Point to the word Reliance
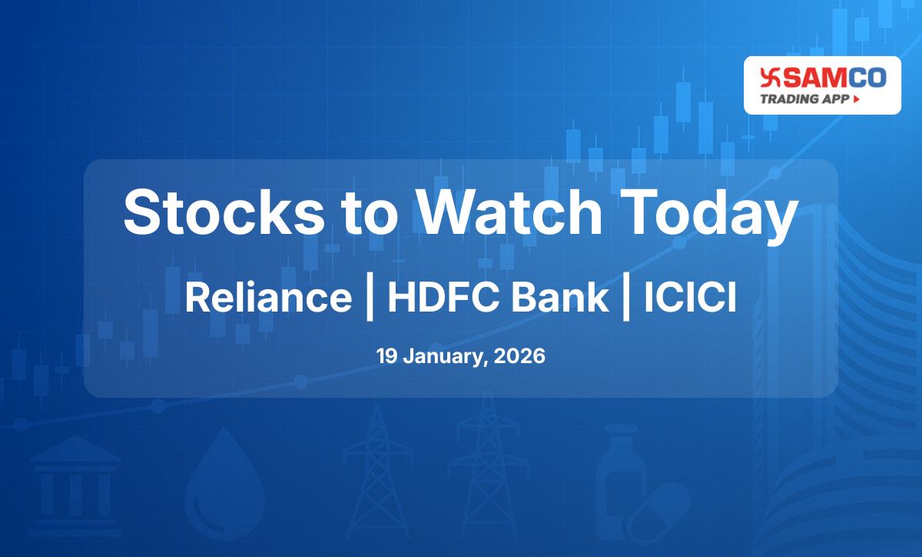coord(268,298)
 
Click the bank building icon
coord(75,474)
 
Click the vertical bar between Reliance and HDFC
coord(370,298)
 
